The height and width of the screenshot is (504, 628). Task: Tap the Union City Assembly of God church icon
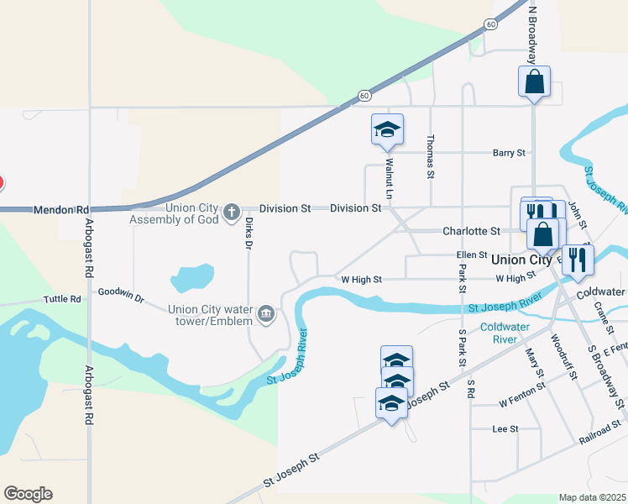click(233, 213)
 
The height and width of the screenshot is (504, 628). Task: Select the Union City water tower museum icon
click(266, 314)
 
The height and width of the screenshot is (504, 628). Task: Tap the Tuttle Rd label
click(64, 299)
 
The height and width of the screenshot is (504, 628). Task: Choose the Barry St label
click(509, 153)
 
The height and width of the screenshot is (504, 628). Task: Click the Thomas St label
click(431, 157)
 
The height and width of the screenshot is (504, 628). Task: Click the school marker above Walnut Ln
click(387, 129)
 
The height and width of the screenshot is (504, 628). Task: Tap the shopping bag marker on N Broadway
click(534, 82)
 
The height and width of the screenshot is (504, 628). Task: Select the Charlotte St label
click(471, 231)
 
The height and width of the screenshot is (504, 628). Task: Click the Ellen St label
click(472, 255)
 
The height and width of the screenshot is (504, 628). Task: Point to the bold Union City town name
click(521, 260)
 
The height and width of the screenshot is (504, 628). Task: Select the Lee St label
click(505, 428)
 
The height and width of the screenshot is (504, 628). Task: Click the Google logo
click(28, 494)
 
